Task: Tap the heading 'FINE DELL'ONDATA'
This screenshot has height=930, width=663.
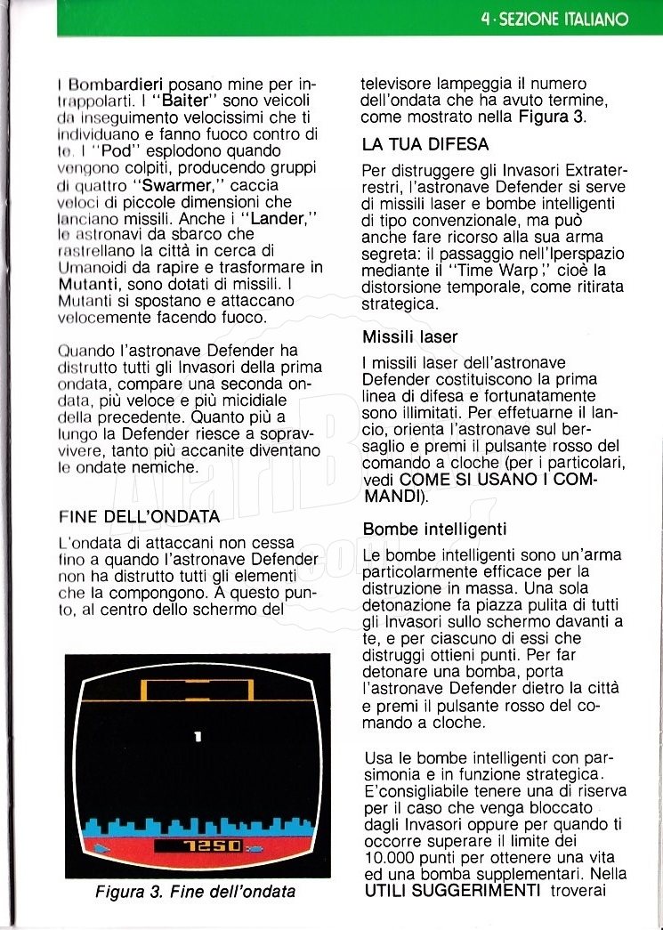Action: (x=139, y=516)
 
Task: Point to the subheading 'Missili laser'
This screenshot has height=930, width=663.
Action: (x=410, y=337)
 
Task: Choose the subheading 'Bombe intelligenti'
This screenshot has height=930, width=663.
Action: (x=434, y=530)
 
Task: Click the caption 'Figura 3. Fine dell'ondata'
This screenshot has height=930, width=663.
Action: (x=195, y=891)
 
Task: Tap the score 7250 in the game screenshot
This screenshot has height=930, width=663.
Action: (x=209, y=845)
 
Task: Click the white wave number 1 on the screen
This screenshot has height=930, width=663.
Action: (x=198, y=736)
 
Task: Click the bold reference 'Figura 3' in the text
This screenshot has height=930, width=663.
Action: (x=551, y=117)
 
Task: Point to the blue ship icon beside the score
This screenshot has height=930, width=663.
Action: (x=104, y=847)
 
